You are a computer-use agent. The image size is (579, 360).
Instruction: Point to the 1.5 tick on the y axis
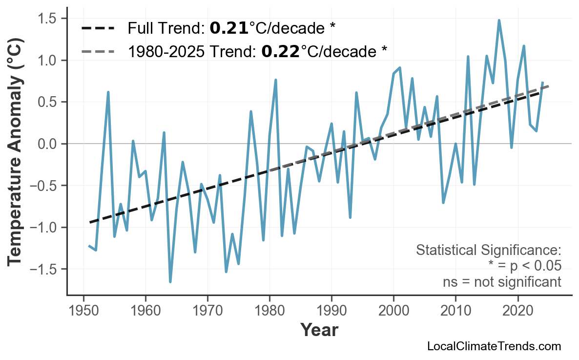pos(47,19)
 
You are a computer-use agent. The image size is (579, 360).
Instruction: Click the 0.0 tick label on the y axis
pos(47,144)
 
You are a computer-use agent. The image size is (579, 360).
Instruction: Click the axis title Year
pos(319,330)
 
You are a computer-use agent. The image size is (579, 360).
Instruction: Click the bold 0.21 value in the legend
pos(229,29)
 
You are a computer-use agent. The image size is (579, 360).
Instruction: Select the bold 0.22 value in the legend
pos(280,50)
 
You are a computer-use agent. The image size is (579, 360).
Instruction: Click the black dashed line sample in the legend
pos(98,29)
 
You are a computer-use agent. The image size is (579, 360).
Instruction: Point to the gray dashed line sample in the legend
pos(98,50)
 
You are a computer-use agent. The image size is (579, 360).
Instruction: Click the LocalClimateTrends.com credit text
pos(494,346)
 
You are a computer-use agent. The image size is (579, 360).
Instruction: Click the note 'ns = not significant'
pos(501,282)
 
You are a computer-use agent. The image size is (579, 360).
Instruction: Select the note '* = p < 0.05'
pos(524,266)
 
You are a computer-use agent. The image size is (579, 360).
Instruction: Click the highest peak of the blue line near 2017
pos(499,20)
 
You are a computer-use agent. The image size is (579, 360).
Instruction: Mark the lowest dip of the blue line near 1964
pos(170,282)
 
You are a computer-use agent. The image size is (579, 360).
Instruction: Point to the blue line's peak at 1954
pos(108,92)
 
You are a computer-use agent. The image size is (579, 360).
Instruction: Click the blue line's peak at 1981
pos(276,80)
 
